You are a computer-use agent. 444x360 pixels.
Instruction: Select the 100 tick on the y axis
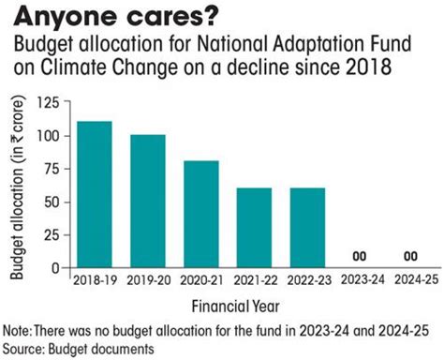56,137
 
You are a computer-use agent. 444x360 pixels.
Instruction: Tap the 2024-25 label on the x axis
411,279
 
